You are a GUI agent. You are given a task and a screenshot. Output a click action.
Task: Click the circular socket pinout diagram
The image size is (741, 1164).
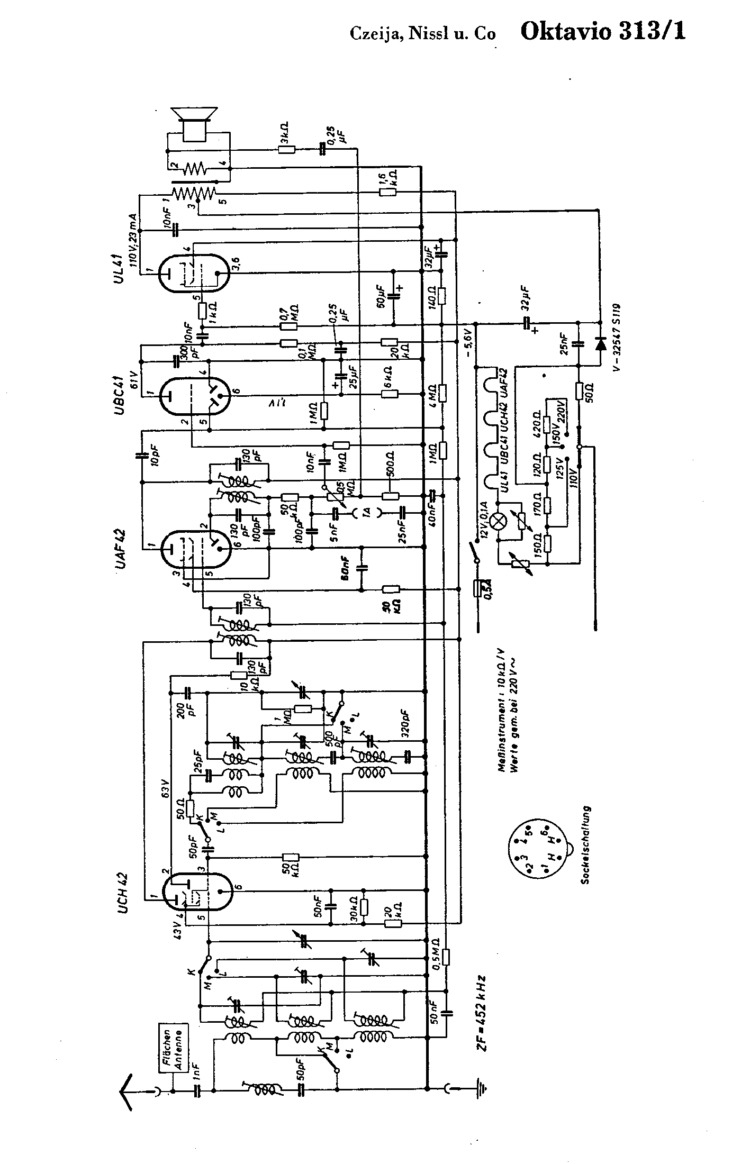click(536, 850)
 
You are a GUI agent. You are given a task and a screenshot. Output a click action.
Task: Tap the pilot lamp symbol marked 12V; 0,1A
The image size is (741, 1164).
click(498, 522)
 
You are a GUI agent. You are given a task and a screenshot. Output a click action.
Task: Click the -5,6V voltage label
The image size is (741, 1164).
click(469, 344)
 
